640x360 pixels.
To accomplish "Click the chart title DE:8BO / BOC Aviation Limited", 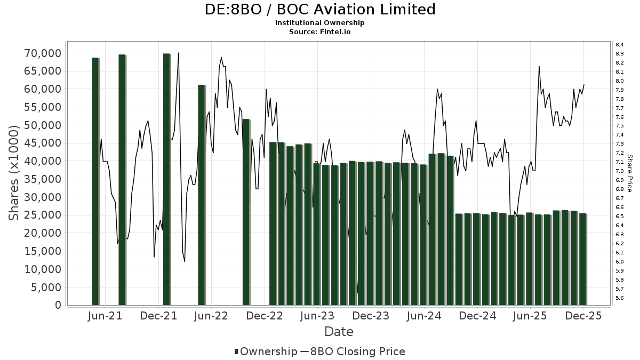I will pyautogui.click(x=320, y=10).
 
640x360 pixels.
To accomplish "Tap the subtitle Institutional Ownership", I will pyautogui.click(x=320, y=23).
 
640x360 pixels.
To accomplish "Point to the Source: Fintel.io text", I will pyautogui.click(x=320, y=32).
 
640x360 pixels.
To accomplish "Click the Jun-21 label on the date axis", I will pyautogui.click(x=105, y=316).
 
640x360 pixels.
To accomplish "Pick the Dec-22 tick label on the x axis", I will pyautogui.click(x=265, y=316).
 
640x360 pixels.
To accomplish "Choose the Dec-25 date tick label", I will pyautogui.click(x=583, y=316).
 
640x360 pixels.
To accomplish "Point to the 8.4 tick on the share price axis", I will pyautogui.click(x=620, y=45).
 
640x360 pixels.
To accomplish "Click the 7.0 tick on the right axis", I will pyautogui.click(x=620, y=171).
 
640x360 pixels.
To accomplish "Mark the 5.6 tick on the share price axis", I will pyautogui.click(x=620, y=298).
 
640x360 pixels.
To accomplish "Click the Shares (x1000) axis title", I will pyautogui.click(x=14, y=173).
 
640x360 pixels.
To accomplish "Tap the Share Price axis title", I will pyautogui.click(x=630, y=173).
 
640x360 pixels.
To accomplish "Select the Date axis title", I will pyautogui.click(x=339, y=332).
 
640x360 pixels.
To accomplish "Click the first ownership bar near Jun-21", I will pyautogui.click(x=95, y=181).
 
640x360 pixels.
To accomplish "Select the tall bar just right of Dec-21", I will pyautogui.click(x=166, y=179).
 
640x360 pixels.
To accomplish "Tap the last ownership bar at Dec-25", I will pyautogui.click(x=583, y=259).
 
